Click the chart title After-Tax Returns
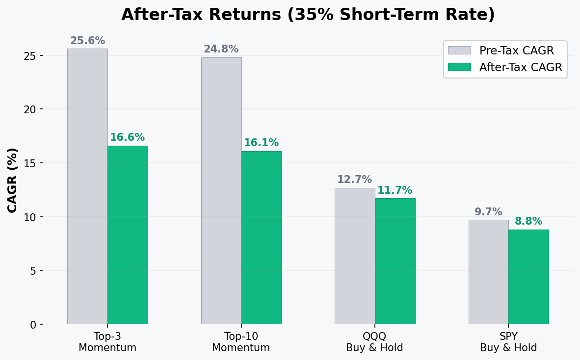click(308, 15)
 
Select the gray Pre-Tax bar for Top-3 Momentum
click(87, 186)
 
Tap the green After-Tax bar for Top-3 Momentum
click(128, 235)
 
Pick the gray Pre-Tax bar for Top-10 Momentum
click(221, 191)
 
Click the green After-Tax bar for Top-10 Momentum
click(262, 237)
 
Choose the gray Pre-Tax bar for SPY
click(488, 272)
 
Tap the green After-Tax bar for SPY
click(528, 277)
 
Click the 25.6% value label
click(87, 41)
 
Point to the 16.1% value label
click(262, 143)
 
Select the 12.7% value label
click(354, 180)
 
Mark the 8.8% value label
click(528, 222)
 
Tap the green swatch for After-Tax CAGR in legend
click(459, 67)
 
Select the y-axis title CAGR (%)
click(13, 180)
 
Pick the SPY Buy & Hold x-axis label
click(508, 342)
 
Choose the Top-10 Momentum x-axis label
click(241, 342)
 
